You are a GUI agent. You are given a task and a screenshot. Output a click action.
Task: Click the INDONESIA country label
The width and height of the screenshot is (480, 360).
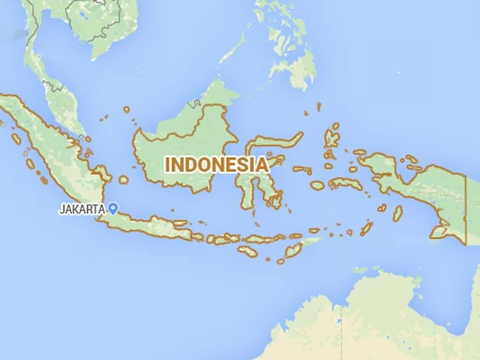pyautogui.click(x=216, y=165)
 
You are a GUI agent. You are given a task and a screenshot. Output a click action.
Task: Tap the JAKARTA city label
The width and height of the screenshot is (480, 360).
pyautogui.click(x=81, y=210)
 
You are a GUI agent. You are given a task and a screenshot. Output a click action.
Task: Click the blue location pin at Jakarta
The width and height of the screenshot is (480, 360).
pyautogui.click(x=112, y=208)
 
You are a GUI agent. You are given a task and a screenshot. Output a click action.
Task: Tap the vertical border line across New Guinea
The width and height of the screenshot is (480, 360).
pyautogui.click(x=466, y=207)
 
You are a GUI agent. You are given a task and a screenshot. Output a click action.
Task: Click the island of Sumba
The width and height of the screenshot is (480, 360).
pyautogui.click(x=247, y=252)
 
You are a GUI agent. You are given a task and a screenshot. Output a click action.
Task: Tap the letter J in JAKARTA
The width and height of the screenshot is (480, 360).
pyautogui.click(x=61, y=210)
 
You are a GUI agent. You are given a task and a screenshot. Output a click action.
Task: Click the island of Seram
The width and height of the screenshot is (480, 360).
pyautogui.click(x=345, y=183)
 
